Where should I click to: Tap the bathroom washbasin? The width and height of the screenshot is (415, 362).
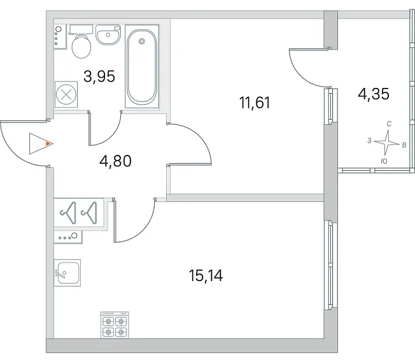pyautogui.click(x=108, y=34)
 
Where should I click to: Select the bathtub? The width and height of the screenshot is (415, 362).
pyautogui.click(x=142, y=66)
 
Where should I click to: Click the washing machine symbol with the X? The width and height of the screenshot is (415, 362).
pyautogui.click(x=66, y=94)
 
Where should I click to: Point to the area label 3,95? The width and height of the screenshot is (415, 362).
pyautogui.click(x=99, y=76)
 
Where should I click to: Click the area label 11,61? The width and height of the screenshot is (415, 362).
pyautogui.click(x=255, y=103)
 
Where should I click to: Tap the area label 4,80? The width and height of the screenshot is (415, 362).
pyautogui.click(x=115, y=161)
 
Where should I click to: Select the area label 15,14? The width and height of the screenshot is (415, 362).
pyautogui.click(x=206, y=275)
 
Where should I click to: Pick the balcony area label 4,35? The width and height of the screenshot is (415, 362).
pyautogui.click(x=374, y=94)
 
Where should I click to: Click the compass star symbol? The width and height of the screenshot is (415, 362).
pyautogui.click(x=387, y=143)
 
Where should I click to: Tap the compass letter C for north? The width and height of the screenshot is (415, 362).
pyautogui.click(x=389, y=124)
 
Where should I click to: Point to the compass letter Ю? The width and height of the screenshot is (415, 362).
pyautogui.click(x=384, y=161)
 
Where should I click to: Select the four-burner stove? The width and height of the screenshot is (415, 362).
pyautogui.click(x=115, y=325)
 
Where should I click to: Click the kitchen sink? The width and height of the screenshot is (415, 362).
pyautogui.click(x=67, y=273)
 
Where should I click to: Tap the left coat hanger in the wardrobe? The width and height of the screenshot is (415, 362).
pyautogui.click(x=69, y=212)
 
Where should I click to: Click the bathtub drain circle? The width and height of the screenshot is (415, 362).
pyautogui.click(x=142, y=41)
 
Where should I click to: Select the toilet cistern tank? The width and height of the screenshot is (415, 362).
pyautogui.click(x=81, y=29)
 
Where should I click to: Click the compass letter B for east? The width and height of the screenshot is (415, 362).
pyautogui.click(x=404, y=145)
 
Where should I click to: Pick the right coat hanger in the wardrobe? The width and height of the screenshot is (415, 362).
pyautogui.click(x=89, y=212)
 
